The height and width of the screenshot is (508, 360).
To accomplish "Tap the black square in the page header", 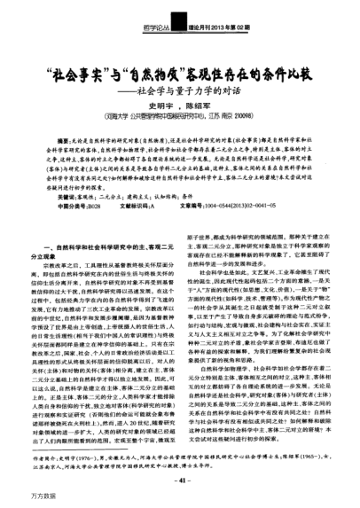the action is coord(180,27).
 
